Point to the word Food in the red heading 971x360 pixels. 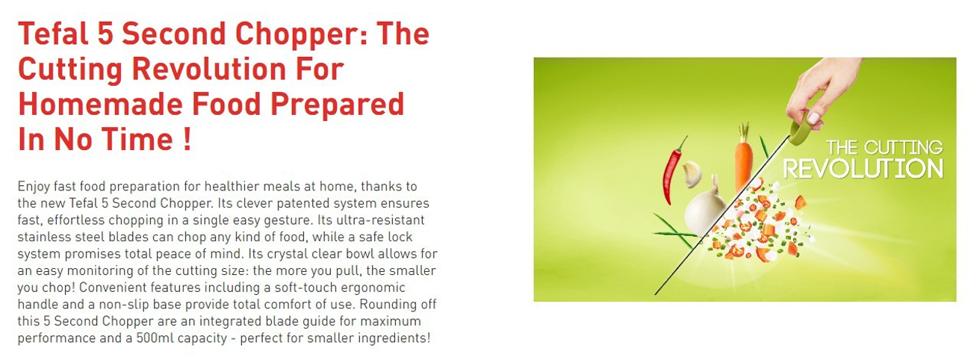click(227, 104)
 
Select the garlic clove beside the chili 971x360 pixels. click(692, 174)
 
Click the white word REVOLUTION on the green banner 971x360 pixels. click(863, 169)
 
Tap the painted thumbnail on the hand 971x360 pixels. click(813, 118)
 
